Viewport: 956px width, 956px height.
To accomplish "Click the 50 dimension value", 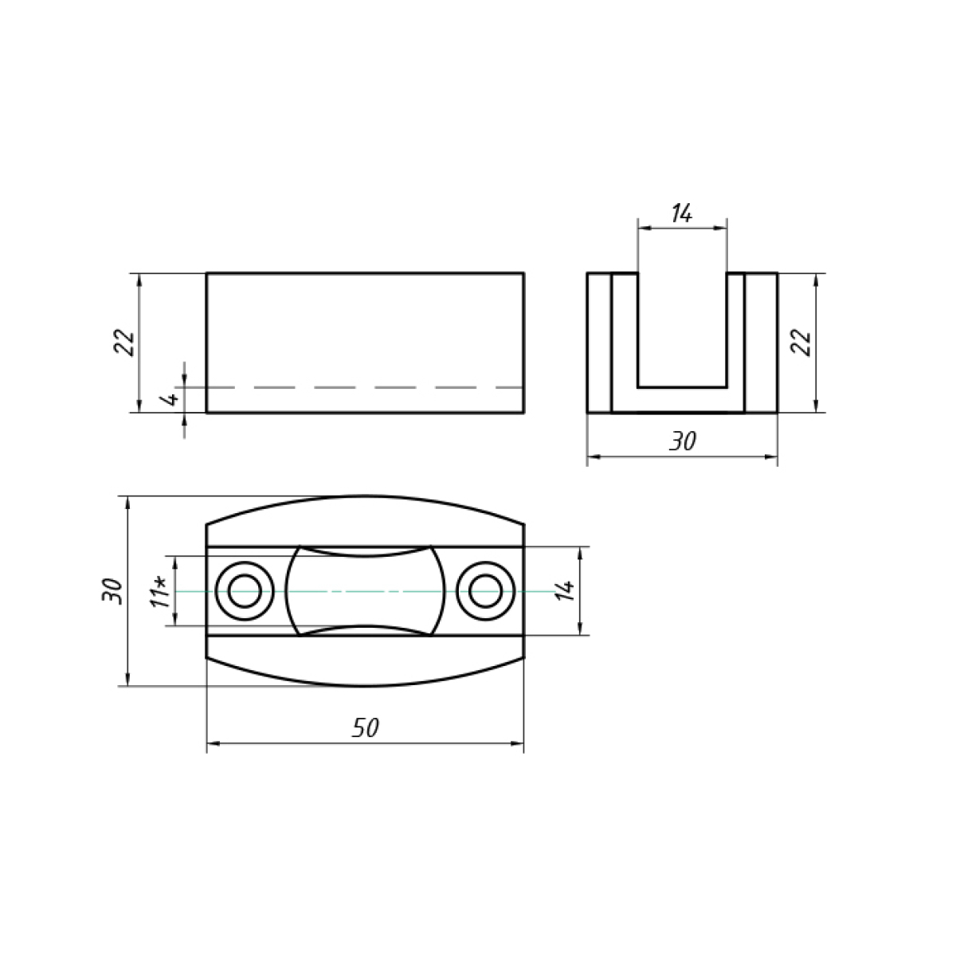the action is click(366, 727).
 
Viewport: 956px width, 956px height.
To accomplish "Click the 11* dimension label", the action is click(161, 592).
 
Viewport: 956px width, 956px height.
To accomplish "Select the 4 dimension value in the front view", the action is click(171, 398).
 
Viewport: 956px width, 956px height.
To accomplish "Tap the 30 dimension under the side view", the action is click(683, 441).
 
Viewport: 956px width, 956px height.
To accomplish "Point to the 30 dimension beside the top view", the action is click(112, 590).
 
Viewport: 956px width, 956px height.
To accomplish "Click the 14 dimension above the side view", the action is click(682, 214).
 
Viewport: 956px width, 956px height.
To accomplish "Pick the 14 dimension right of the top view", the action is click(565, 590).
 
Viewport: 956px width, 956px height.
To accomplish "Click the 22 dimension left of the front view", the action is click(124, 343).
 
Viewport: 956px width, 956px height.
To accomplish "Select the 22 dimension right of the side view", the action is click(801, 343).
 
